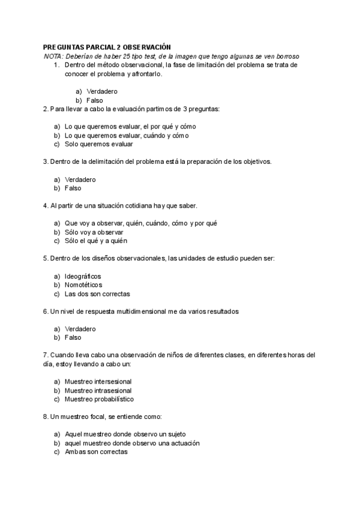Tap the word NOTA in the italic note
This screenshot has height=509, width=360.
(x=53, y=56)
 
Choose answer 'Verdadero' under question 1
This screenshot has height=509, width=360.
(x=102, y=91)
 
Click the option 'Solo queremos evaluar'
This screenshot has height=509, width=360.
(x=99, y=144)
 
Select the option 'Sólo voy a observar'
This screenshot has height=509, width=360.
(x=94, y=232)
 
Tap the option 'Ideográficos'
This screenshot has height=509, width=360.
(x=83, y=276)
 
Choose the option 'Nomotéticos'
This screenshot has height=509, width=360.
(x=83, y=285)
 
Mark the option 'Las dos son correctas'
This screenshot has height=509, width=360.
(x=97, y=294)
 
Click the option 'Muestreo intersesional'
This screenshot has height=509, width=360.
(x=98, y=381)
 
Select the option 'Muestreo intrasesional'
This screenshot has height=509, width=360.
(x=98, y=390)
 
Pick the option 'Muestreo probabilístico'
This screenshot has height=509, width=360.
(x=99, y=399)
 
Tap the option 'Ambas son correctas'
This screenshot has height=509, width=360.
(x=96, y=452)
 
